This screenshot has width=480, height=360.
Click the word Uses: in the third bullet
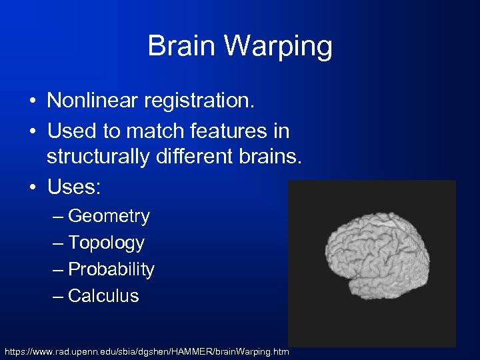pyautogui.click(x=73, y=188)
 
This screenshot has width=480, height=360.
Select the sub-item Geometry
pyautogui.click(x=109, y=217)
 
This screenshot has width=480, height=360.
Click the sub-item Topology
pyautogui.click(x=106, y=243)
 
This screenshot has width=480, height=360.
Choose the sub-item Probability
pyautogui.click(x=111, y=270)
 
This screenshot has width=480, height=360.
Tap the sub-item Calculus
pyautogui.click(x=103, y=296)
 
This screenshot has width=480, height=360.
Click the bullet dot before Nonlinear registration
pyautogui.click(x=33, y=102)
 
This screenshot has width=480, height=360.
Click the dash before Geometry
pyautogui.click(x=58, y=217)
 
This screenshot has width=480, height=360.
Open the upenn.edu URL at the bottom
pyautogui.click(x=147, y=351)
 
